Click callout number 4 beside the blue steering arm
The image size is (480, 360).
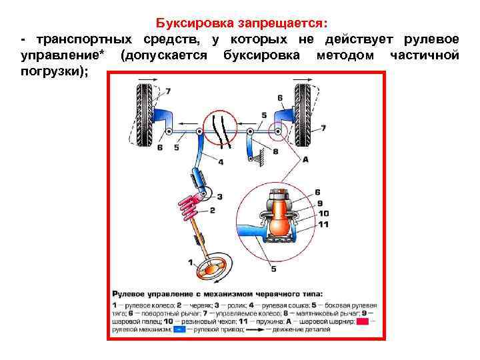(221, 162)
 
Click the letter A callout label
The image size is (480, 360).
(305, 160)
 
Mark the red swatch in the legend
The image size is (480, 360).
(363, 321)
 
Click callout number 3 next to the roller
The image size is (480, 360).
(219, 197)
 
